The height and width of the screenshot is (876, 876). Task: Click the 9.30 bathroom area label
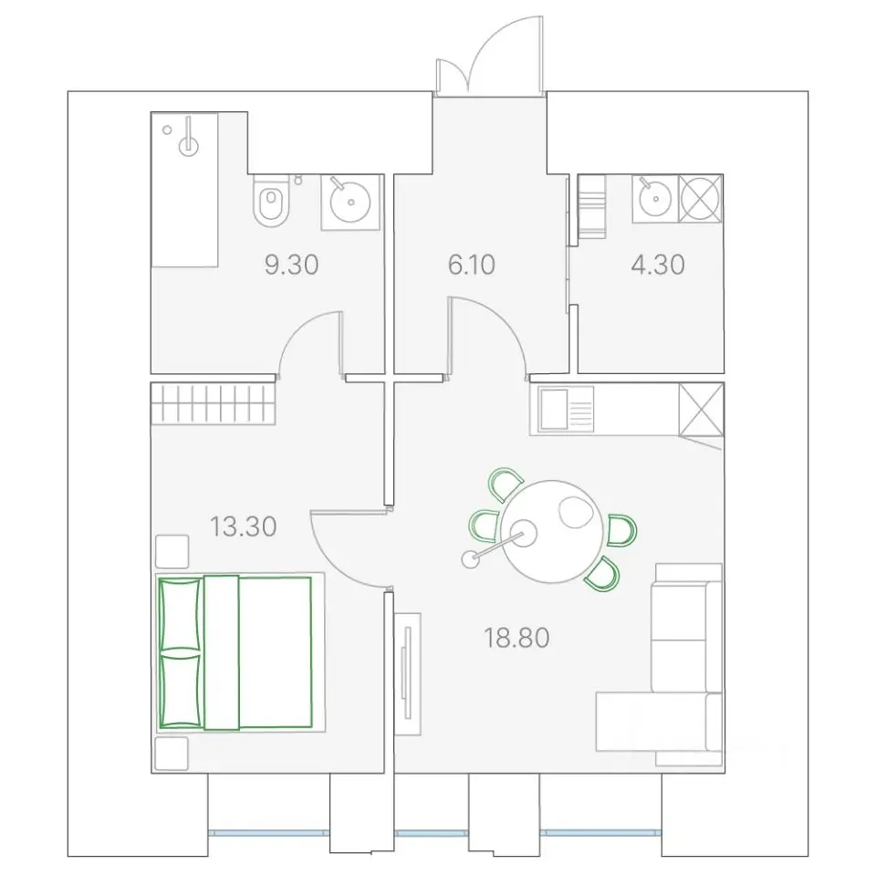tap(292, 265)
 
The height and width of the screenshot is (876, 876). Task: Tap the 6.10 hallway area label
tap(472, 265)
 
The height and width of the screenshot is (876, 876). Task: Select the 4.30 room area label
tap(658, 265)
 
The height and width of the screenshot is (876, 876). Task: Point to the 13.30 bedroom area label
tap(243, 527)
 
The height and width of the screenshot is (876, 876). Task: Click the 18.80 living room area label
tap(516, 638)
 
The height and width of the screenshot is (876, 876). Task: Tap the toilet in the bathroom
tap(272, 201)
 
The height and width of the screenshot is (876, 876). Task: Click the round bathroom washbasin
tap(350, 202)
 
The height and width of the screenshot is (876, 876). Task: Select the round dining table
tap(551, 531)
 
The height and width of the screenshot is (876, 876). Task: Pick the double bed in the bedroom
tap(240, 652)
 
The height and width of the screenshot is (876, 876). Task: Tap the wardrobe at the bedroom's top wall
tap(213, 403)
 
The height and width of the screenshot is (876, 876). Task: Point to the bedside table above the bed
tap(172, 551)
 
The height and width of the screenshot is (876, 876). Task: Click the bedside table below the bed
tap(172, 753)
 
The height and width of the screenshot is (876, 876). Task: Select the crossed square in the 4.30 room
tap(701, 199)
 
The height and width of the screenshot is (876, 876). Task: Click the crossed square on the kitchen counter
tap(702, 409)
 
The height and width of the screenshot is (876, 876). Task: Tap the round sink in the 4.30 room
tap(655, 198)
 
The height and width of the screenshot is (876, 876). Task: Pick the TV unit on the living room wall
tap(408, 673)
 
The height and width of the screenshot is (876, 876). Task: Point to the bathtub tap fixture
tap(189, 141)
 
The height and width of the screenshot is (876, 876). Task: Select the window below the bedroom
tap(268, 833)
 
